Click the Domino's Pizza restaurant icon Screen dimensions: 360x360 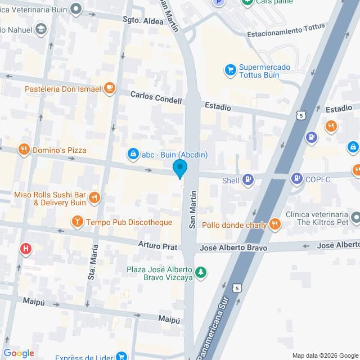tap(23, 150)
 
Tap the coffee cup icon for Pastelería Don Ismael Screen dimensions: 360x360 tap(110, 88)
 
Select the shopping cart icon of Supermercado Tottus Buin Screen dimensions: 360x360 tap(230, 70)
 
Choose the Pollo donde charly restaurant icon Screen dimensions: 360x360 tap(274, 224)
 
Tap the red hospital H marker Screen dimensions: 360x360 tap(25, 248)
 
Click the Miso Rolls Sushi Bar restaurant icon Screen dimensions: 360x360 tap(94, 198)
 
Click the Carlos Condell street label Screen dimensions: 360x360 tap(156, 100)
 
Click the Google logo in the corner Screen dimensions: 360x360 tap(19, 353)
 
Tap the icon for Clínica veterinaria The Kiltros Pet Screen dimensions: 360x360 tap(355, 217)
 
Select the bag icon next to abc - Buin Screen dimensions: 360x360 tap(133, 153)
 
